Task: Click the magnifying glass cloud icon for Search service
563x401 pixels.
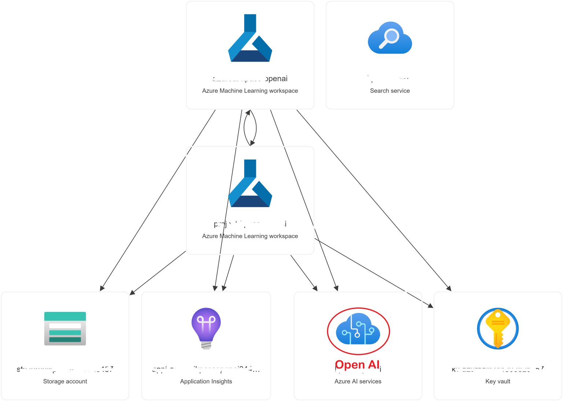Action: pos(390,38)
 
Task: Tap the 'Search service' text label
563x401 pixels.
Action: pos(390,91)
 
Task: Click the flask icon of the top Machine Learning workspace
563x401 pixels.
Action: pos(250,38)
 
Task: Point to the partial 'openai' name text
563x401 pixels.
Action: pos(276,78)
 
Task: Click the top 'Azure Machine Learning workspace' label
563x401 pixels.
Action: pos(250,91)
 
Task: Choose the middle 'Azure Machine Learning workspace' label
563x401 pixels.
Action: pos(250,236)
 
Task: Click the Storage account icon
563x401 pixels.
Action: pos(65,328)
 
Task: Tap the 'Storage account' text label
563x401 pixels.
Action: pos(65,381)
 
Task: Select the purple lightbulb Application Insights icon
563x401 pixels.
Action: pos(206,328)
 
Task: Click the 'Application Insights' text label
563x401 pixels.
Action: pos(206,381)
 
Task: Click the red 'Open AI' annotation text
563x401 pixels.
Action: pos(357,365)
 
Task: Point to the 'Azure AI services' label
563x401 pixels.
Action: pos(358,381)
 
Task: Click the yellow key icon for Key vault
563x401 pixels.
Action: pos(497,328)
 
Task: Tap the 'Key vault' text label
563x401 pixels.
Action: pos(497,381)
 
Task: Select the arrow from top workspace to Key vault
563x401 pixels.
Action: pos(374,200)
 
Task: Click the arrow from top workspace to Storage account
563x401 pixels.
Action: pos(158,200)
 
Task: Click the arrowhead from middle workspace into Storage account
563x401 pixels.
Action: pos(133,293)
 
